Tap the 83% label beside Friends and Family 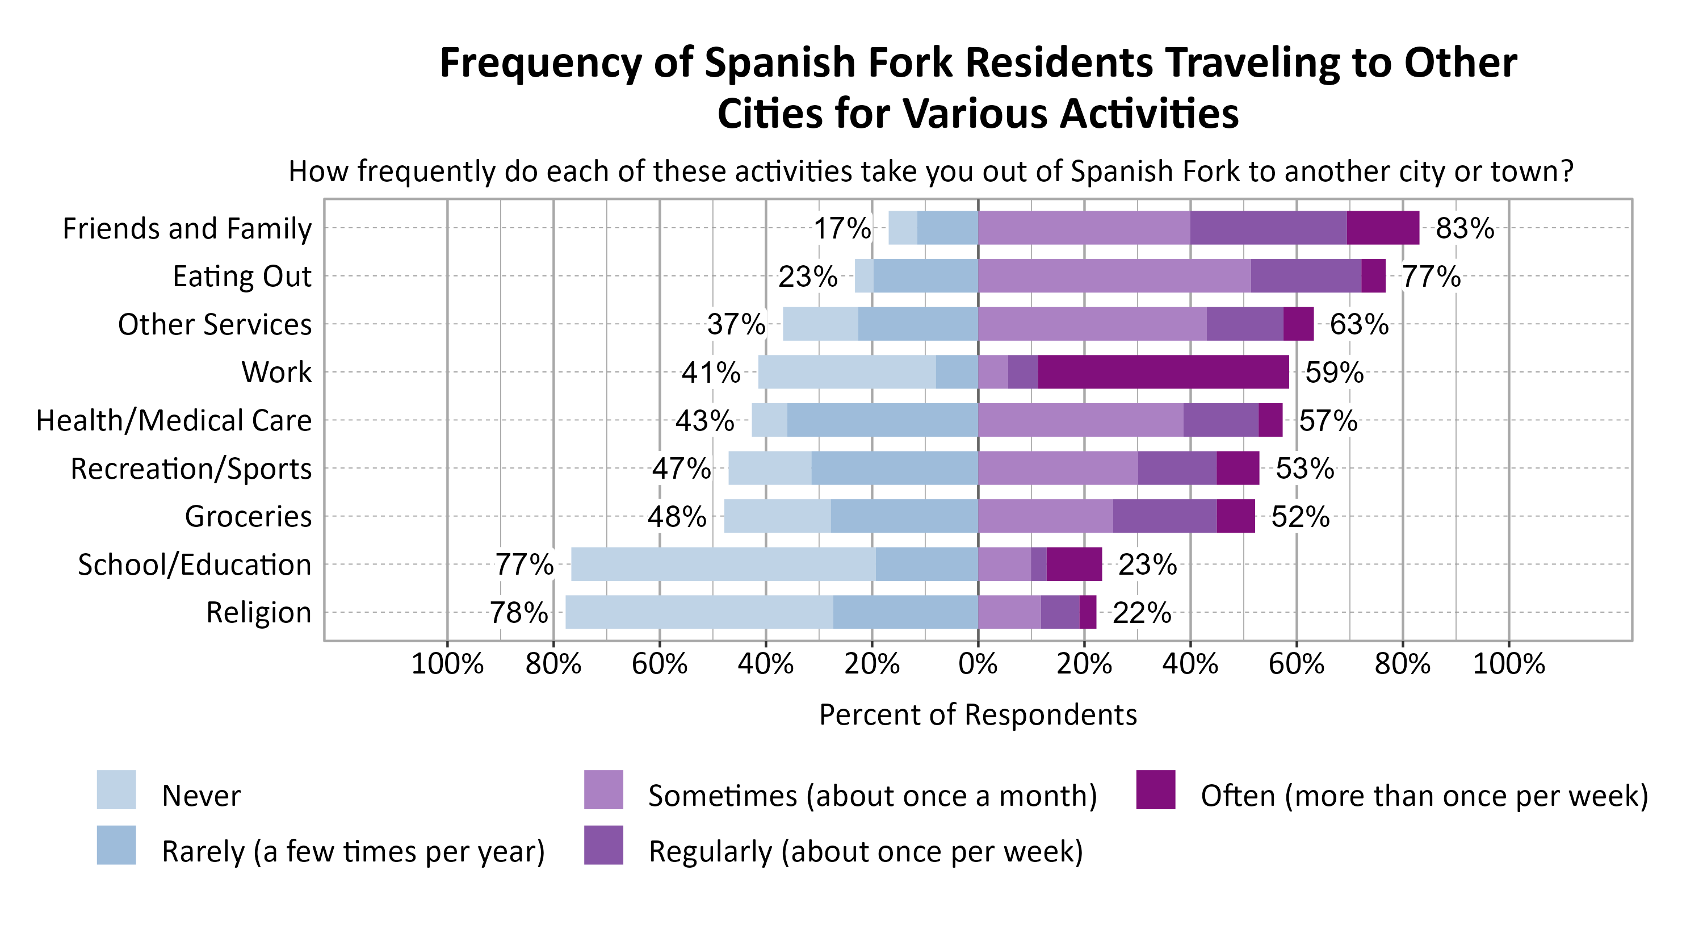[x=1465, y=228]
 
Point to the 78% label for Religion [x=518, y=612]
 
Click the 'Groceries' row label [x=248, y=516]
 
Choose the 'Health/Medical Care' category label [x=174, y=421]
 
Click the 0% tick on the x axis [x=978, y=663]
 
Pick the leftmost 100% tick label [x=447, y=663]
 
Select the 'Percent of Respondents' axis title [x=978, y=715]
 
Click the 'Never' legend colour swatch [x=116, y=789]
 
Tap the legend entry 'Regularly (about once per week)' [x=865, y=851]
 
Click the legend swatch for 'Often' [x=1156, y=789]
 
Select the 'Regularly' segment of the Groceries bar [x=1164, y=516]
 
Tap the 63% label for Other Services [x=1358, y=324]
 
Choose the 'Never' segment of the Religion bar [x=699, y=612]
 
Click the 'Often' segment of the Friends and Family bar [x=1382, y=228]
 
